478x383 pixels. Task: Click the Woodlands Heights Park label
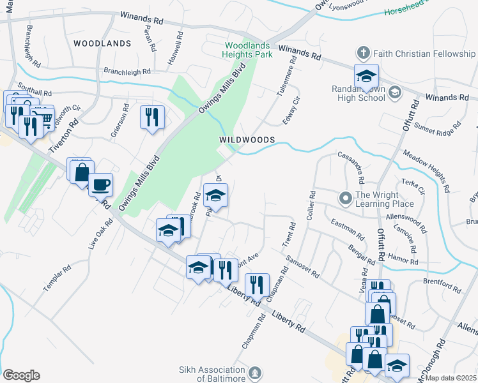point(249,50)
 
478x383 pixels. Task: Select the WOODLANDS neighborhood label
point(102,43)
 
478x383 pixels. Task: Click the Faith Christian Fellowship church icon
point(362,53)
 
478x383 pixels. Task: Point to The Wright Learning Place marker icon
point(346,199)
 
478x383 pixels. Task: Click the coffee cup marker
point(100,185)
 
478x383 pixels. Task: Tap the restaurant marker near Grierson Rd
point(152,117)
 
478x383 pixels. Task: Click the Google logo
point(21,375)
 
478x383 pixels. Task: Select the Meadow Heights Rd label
point(426,170)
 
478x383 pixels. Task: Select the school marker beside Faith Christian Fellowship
point(367,76)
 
